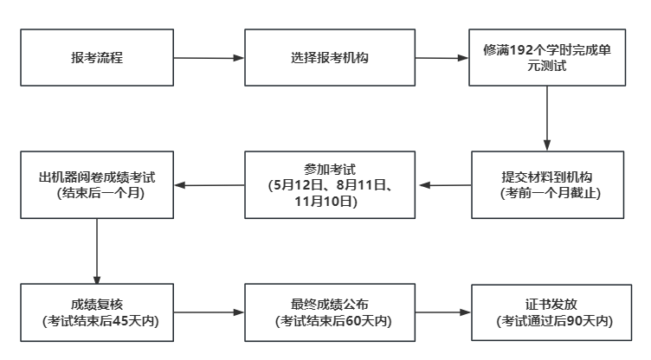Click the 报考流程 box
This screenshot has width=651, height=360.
pyautogui.click(x=96, y=59)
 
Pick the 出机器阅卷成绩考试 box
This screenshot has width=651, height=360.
pyautogui.click(x=96, y=184)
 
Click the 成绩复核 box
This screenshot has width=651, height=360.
pyautogui.click(x=96, y=312)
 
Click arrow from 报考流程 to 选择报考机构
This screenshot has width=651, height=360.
pyautogui.click(x=209, y=59)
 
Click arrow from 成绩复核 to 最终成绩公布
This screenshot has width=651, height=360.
pyautogui.click(x=209, y=312)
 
